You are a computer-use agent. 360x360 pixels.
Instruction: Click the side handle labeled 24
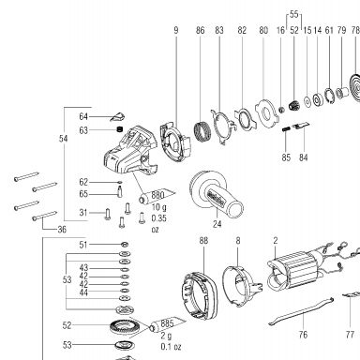pyautogui.click(x=216, y=196)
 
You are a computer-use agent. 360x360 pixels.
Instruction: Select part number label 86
pyautogui.click(x=201, y=30)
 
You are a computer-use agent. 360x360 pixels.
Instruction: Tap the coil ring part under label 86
pyautogui.click(x=202, y=131)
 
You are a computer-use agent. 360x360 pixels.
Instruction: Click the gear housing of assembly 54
pyautogui.click(x=129, y=151)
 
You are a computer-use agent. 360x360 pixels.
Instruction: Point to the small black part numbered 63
pyautogui.click(x=119, y=129)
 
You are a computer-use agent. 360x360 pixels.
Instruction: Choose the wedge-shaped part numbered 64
pyautogui.click(x=117, y=117)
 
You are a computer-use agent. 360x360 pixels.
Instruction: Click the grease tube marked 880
pyautogui.click(x=157, y=196)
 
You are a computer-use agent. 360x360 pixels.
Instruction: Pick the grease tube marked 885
pyautogui.click(x=167, y=324)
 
